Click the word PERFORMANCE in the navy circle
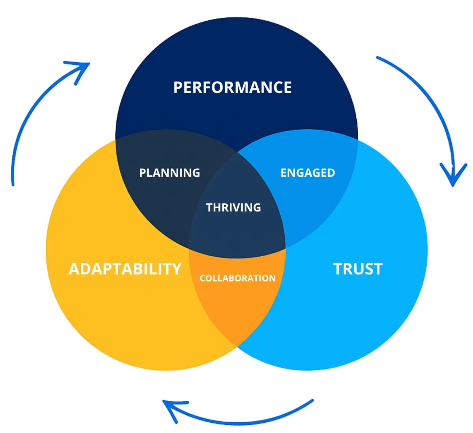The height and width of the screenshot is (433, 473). coord(233,87)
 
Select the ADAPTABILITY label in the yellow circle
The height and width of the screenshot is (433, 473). coord(125,269)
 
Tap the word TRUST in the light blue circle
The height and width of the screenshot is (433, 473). coord(358,269)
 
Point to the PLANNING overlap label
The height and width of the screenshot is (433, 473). coord(169,173)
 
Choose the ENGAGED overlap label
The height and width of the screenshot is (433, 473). coord(308,173)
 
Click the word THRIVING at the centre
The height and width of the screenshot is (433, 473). coord(233,207)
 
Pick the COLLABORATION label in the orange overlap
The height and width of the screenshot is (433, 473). coord(237,278)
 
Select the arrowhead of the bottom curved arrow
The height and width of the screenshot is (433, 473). coord(169,406)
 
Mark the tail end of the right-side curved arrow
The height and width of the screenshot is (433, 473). coord(378,58)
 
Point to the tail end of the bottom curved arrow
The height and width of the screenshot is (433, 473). coord(312,401)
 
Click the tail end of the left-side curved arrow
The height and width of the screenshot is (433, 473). coord(13,184)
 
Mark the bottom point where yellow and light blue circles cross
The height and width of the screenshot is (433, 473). coord(236,346)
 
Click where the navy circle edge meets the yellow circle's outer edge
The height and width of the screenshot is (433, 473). coord(115,139)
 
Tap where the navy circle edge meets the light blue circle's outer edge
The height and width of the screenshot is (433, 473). coord(358,139)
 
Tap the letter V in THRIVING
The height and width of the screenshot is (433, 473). coord(243,207)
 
